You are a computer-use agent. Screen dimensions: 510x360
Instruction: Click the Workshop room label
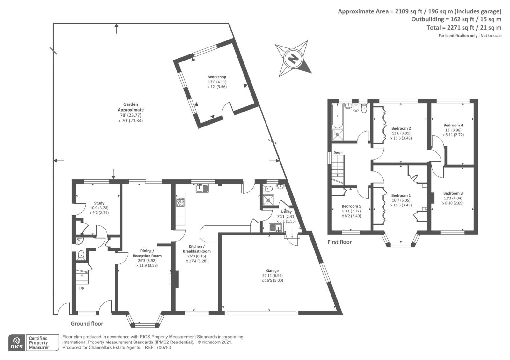click(x=217, y=77)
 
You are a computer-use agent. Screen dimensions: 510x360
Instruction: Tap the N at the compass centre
click(x=293, y=59)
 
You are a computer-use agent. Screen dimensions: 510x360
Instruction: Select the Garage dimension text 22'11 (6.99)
click(x=272, y=275)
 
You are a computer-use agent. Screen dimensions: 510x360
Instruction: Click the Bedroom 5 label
click(x=351, y=206)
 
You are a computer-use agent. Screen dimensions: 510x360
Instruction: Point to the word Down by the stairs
click(x=338, y=153)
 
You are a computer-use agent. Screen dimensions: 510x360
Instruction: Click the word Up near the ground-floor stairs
click(x=82, y=288)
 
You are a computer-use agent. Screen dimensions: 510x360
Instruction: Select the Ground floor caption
click(x=87, y=324)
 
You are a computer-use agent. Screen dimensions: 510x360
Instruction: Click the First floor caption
click(x=339, y=242)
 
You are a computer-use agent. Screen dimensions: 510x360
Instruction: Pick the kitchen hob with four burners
click(x=180, y=202)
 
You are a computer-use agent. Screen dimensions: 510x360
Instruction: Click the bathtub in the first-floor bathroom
click(x=338, y=116)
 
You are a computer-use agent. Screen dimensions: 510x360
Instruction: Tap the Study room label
click(x=99, y=203)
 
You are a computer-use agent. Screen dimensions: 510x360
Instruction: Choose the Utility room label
click(x=286, y=212)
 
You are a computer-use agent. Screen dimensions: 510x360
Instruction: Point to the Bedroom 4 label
click(x=453, y=125)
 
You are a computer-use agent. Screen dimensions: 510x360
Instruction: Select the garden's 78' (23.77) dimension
click(x=131, y=115)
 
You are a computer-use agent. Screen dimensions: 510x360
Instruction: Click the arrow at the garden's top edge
click(x=116, y=29)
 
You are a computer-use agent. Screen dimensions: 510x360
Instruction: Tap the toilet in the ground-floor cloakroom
click(x=81, y=255)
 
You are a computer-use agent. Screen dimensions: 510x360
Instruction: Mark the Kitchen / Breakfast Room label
click(x=197, y=249)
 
